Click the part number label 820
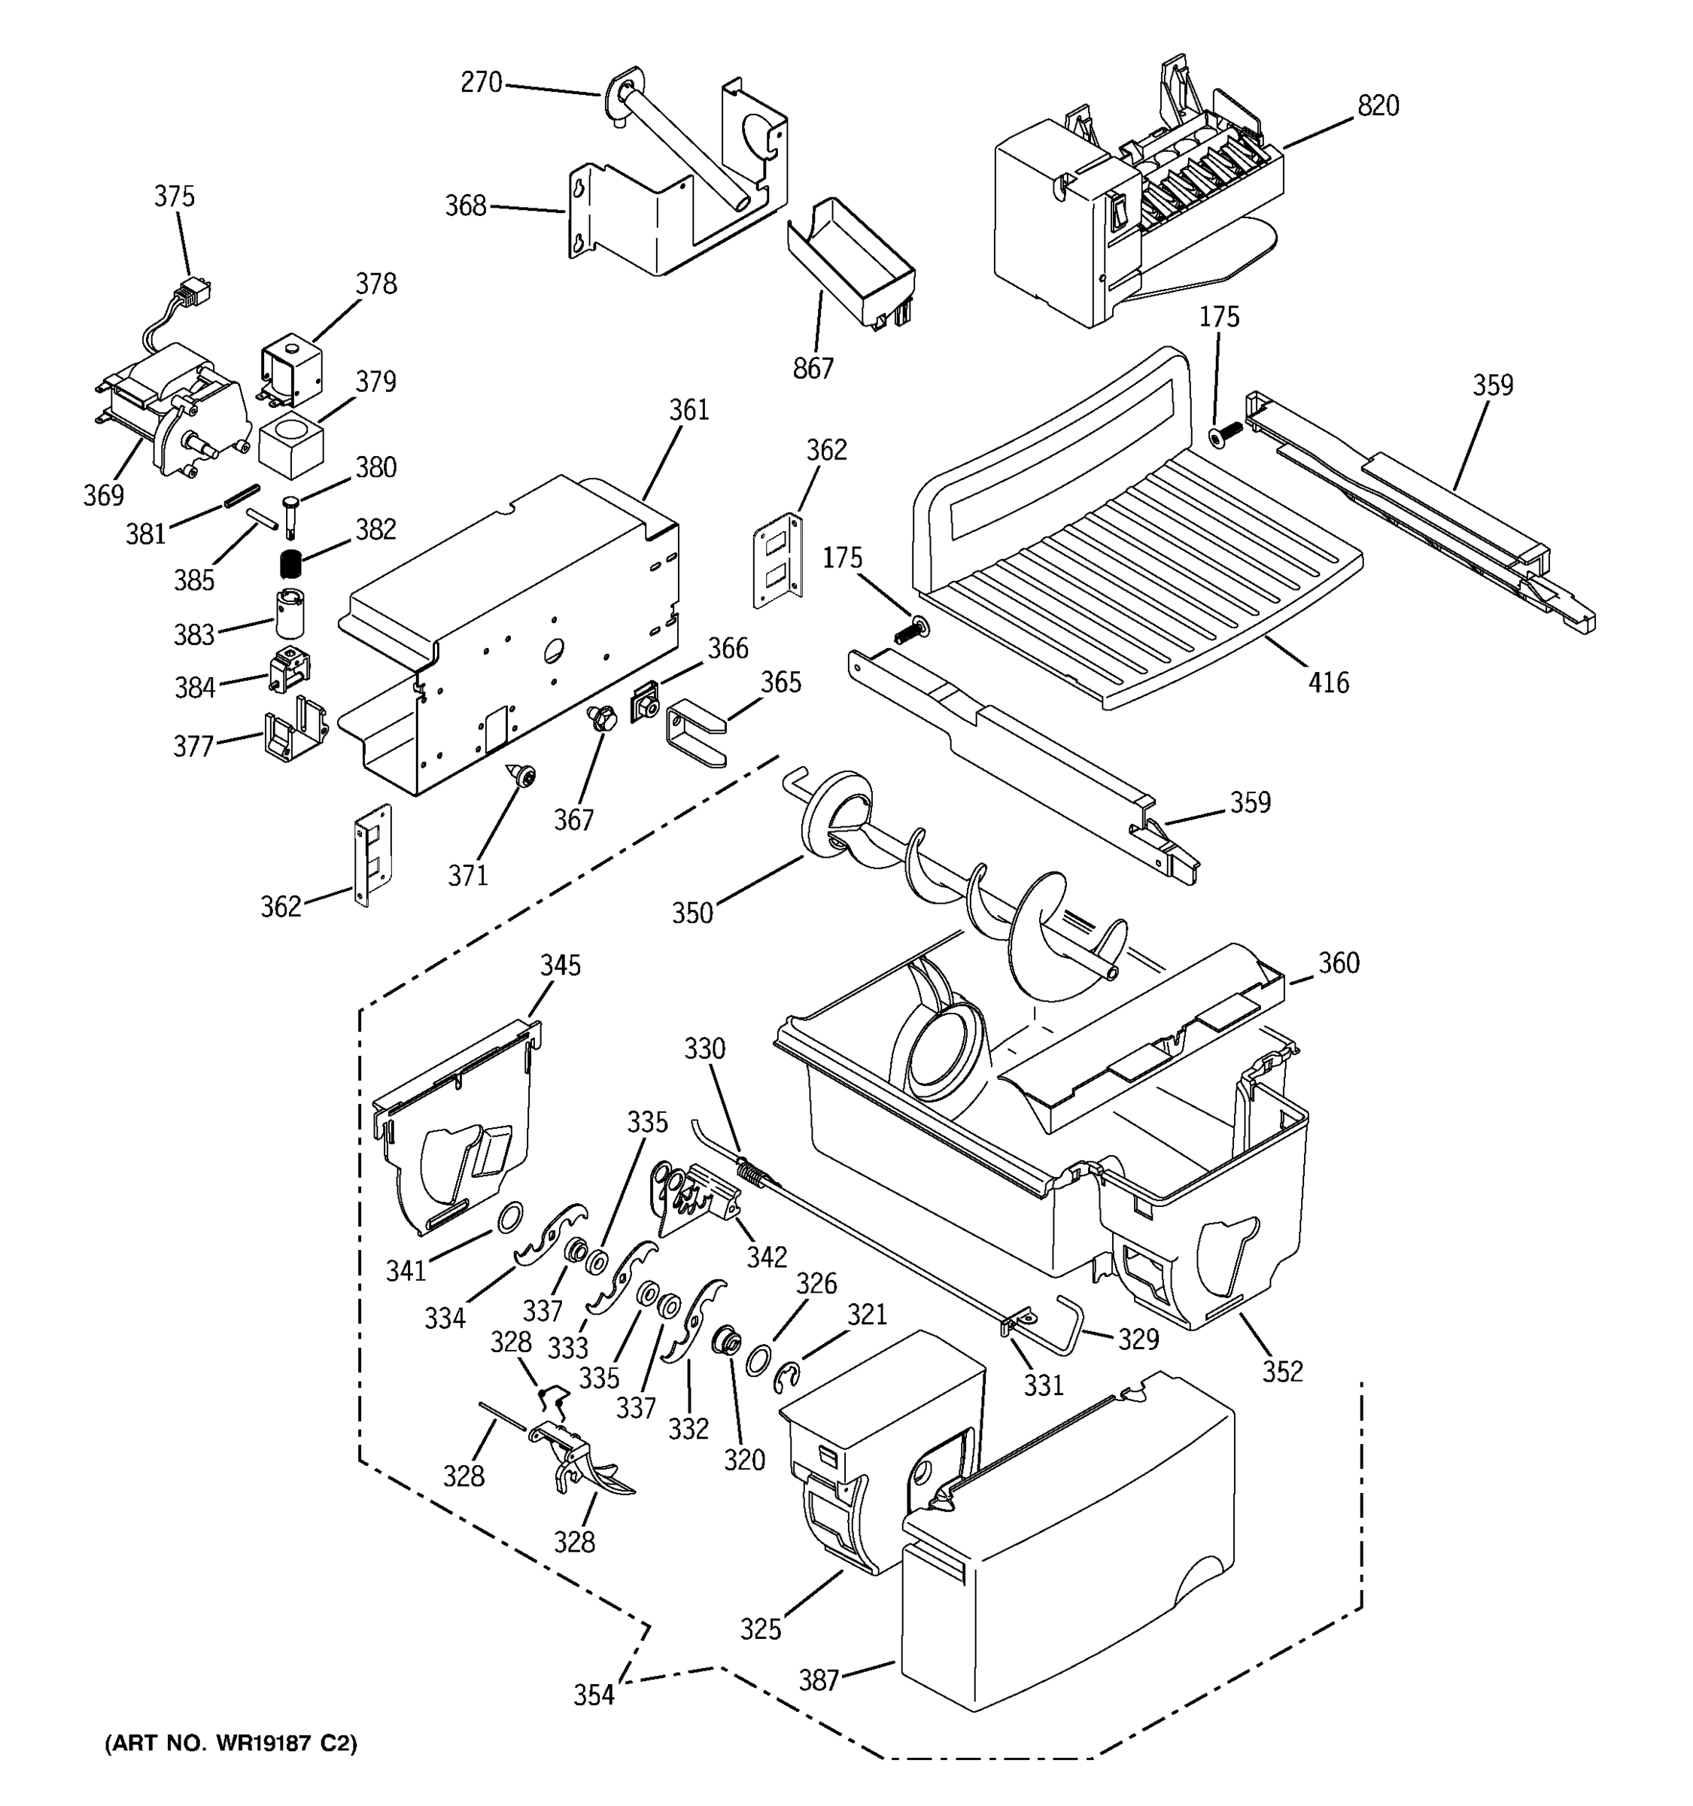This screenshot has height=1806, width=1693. [x=1378, y=106]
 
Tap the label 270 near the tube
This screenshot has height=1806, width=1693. [x=481, y=83]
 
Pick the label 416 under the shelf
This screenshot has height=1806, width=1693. [x=1328, y=683]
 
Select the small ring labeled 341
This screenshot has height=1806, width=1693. [x=510, y=1215]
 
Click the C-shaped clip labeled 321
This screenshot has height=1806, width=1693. [x=786, y=1380]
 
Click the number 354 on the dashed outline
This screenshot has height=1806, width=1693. [x=593, y=1695]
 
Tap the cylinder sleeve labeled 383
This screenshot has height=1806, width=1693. [x=290, y=613]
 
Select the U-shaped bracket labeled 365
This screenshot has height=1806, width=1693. [x=695, y=734]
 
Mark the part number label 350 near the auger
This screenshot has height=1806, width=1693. [x=692, y=913]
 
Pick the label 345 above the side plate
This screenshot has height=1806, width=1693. [x=561, y=965]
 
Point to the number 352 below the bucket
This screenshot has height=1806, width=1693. [x=1281, y=1371]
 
